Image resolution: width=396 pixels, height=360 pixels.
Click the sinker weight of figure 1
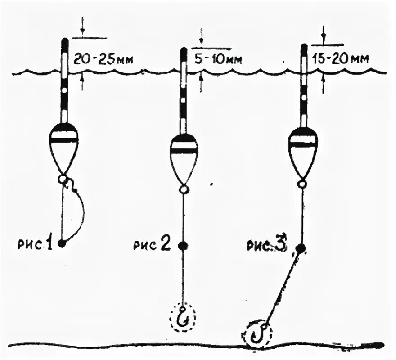(62, 243)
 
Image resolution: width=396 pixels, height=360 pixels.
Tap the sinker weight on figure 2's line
(183, 246)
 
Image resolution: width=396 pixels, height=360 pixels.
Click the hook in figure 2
(183, 318)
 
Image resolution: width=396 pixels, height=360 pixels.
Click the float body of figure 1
(63, 148)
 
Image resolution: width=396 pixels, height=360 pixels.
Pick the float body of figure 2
(183, 157)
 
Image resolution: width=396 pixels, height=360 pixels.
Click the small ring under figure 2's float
(183, 190)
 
